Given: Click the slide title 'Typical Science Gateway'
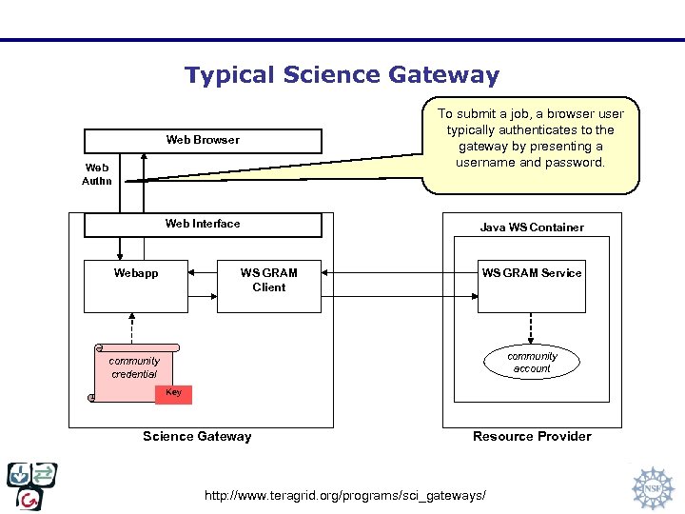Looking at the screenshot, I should [342, 75].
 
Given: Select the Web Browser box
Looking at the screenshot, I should [203, 140].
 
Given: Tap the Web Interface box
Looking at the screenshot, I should [203, 225].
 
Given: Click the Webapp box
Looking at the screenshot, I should [136, 286].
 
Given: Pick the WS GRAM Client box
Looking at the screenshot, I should [268, 286].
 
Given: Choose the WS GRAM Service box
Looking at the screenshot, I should [531, 286].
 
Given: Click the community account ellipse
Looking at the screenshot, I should [532, 363].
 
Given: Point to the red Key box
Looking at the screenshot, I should [173, 393].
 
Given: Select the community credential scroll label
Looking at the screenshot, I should [134, 367].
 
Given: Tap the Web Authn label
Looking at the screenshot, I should [97, 174].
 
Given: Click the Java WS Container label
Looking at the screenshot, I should [532, 227].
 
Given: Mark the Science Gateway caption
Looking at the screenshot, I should [197, 437].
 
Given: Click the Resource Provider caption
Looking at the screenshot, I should [532, 437].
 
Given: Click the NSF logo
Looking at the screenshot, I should [652, 487].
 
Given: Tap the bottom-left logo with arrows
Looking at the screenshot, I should [31, 485].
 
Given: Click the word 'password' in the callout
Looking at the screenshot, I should [577, 163].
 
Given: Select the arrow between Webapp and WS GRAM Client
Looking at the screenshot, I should [203, 272].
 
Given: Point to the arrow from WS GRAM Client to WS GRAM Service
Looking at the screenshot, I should [400, 272].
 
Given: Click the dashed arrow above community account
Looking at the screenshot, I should [532, 327].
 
